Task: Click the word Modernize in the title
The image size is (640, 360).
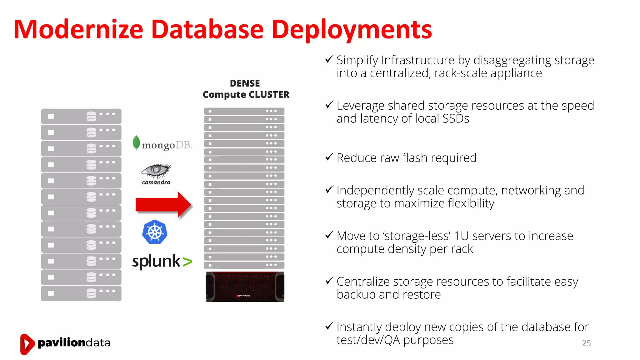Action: coord(78,29)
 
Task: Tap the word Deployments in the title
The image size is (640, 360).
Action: coord(352,30)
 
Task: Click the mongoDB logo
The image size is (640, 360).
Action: coord(163,144)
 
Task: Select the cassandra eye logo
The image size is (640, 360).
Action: coord(156,174)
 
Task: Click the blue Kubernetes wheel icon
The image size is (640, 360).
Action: coord(155,232)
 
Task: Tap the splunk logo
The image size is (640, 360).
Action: coord(162,261)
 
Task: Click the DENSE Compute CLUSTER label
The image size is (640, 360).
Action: coord(246,89)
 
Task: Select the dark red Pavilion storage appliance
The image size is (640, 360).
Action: coord(245,287)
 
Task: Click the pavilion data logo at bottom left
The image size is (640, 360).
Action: coord(65,343)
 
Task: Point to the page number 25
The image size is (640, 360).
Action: coord(586,343)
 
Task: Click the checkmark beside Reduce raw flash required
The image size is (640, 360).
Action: coord(329,157)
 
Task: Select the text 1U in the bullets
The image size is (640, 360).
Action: coord(461,236)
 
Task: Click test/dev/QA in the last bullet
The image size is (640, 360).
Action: coord(368,340)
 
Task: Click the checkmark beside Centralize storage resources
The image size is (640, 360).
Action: coord(329,280)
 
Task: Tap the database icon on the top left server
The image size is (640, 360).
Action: coord(91,116)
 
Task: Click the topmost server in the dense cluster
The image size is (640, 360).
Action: coord(244,111)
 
